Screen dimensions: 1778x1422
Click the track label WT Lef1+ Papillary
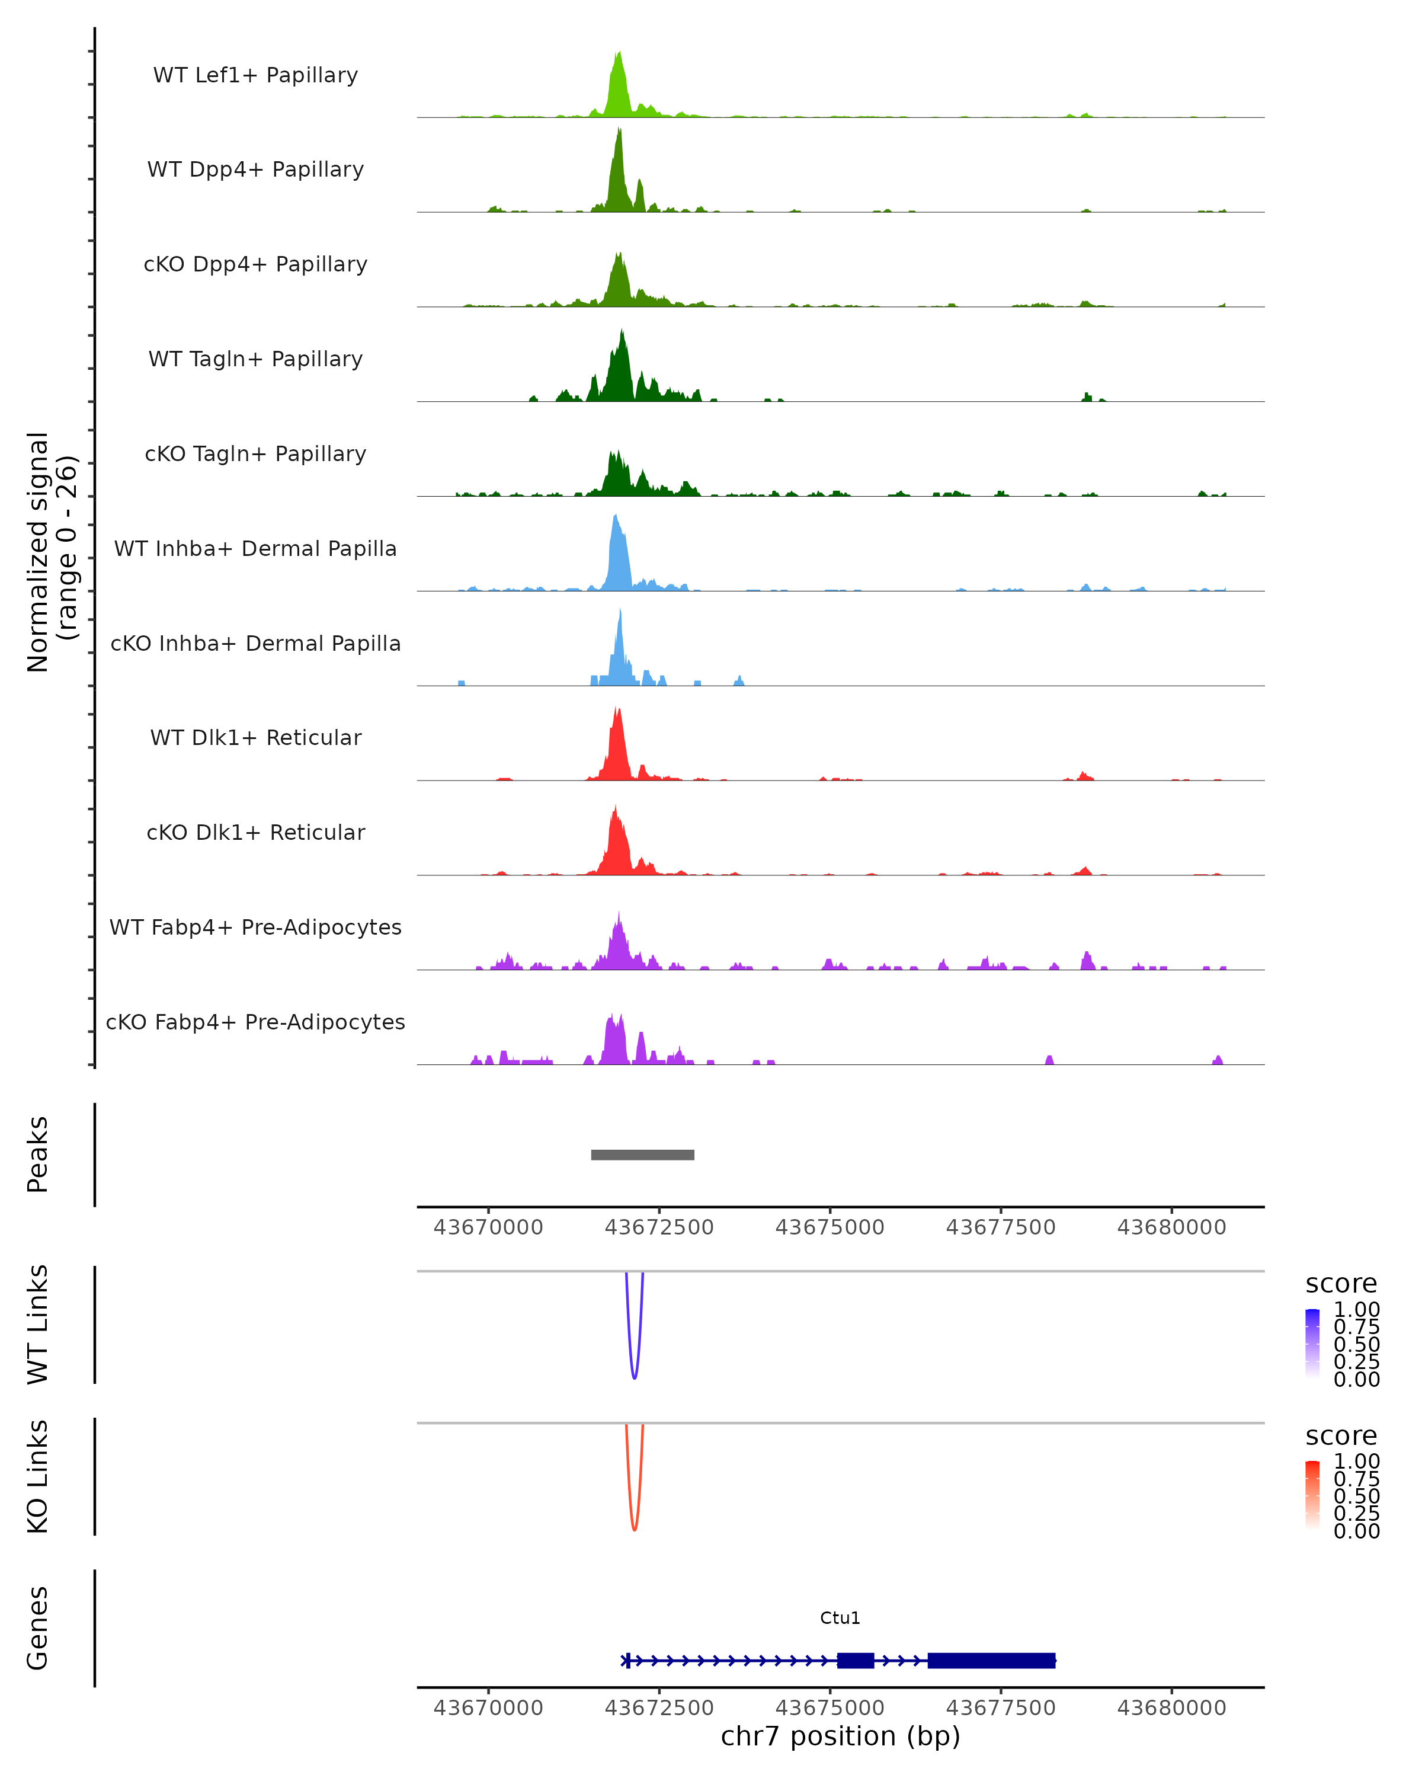click(x=255, y=75)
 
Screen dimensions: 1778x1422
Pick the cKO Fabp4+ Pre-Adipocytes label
click(x=255, y=1022)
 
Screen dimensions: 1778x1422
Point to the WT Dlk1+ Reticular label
click(x=255, y=737)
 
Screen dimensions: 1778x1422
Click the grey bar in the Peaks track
click(x=642, y=1155)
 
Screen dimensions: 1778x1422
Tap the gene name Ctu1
click(x=840, y=1618)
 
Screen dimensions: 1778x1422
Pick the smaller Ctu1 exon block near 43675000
click(x=856, y=1660)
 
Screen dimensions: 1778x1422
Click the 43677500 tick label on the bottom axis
click(x=1001, y=1708)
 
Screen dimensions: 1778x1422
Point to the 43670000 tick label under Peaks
click(x=488, y=1227)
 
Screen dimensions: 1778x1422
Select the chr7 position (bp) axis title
click(x=840, y=1736)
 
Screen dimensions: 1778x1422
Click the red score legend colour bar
click(x=1312, y=1495)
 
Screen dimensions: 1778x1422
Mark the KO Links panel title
click(x=38, y=1476)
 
